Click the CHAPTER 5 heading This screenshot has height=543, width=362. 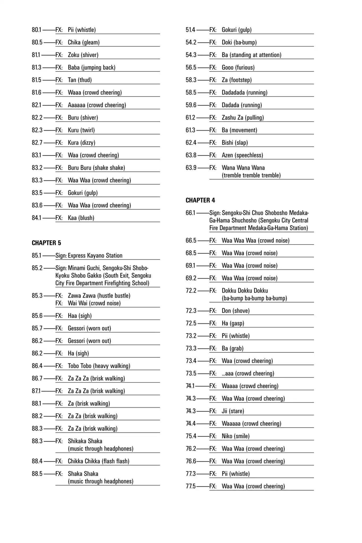click(x=46, y=243)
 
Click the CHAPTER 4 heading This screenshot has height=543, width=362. click(x=200, y=200)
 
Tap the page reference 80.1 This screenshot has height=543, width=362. click(x=37, y=30)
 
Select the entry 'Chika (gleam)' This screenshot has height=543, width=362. click(x=84, y=42)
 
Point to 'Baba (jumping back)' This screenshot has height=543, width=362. click(x=91, y=67)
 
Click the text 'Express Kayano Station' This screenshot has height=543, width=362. click(x=95, y=256)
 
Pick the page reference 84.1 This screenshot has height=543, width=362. click(x=37, y=218)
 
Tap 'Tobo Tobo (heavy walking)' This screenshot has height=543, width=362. click(x=99, y=366)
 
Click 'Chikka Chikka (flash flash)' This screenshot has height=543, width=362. click(x=98, y=461)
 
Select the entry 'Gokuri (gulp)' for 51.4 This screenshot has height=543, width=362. click(x=237, y=30)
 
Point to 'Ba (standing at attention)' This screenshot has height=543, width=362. click(x=251, y=55)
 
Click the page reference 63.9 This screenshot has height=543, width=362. click(x=191, y=168)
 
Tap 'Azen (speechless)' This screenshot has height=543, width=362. click(x=242, y=155)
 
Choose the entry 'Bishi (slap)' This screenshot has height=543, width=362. click(x=235, y=143)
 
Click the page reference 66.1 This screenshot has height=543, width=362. click(x=190, y=213)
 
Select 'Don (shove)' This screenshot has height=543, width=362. click(x=235, y=311)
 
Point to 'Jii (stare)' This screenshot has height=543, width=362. click(x=233, y=411)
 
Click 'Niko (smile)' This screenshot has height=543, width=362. click(x=235, y=436)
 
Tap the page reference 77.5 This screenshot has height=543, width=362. click(x=191, y=486)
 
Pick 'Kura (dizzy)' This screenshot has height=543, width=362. click(x=81, y=143)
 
